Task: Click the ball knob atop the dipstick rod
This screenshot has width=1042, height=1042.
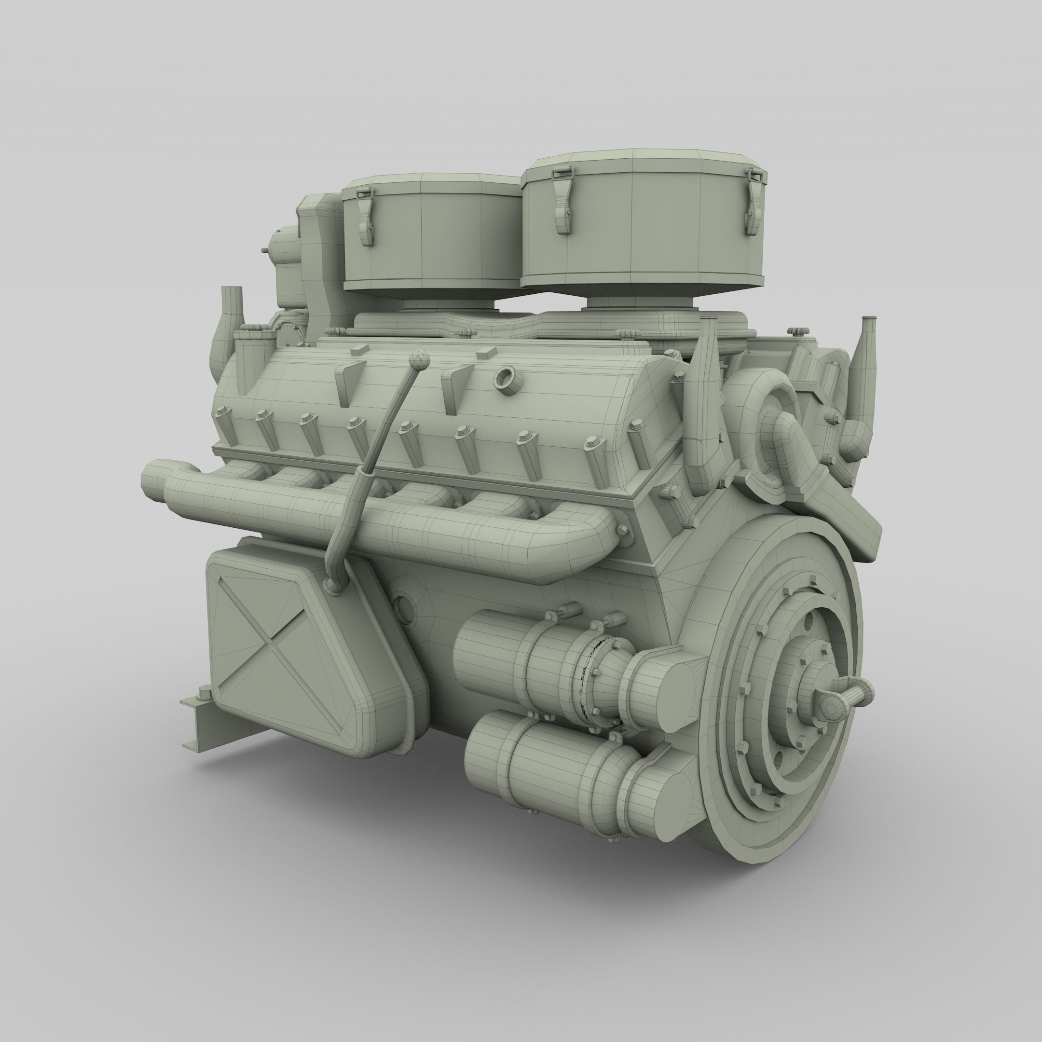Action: [x=420, y=358]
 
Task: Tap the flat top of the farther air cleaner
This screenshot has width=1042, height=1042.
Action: [x=426, y=181]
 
